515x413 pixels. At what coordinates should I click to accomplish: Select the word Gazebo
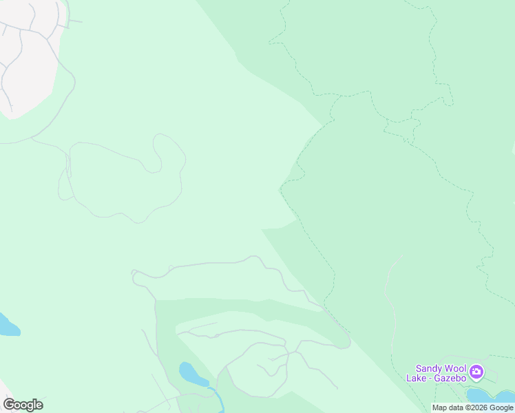pos(450,378)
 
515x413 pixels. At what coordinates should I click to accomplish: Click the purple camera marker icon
pos(476,372)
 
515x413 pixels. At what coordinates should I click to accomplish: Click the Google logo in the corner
pos(23,405)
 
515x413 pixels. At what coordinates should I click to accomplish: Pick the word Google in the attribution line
pos(502,408)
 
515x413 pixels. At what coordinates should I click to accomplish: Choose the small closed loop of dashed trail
pos(403,128)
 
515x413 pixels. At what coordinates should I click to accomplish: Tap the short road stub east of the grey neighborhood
pos(74,21)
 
